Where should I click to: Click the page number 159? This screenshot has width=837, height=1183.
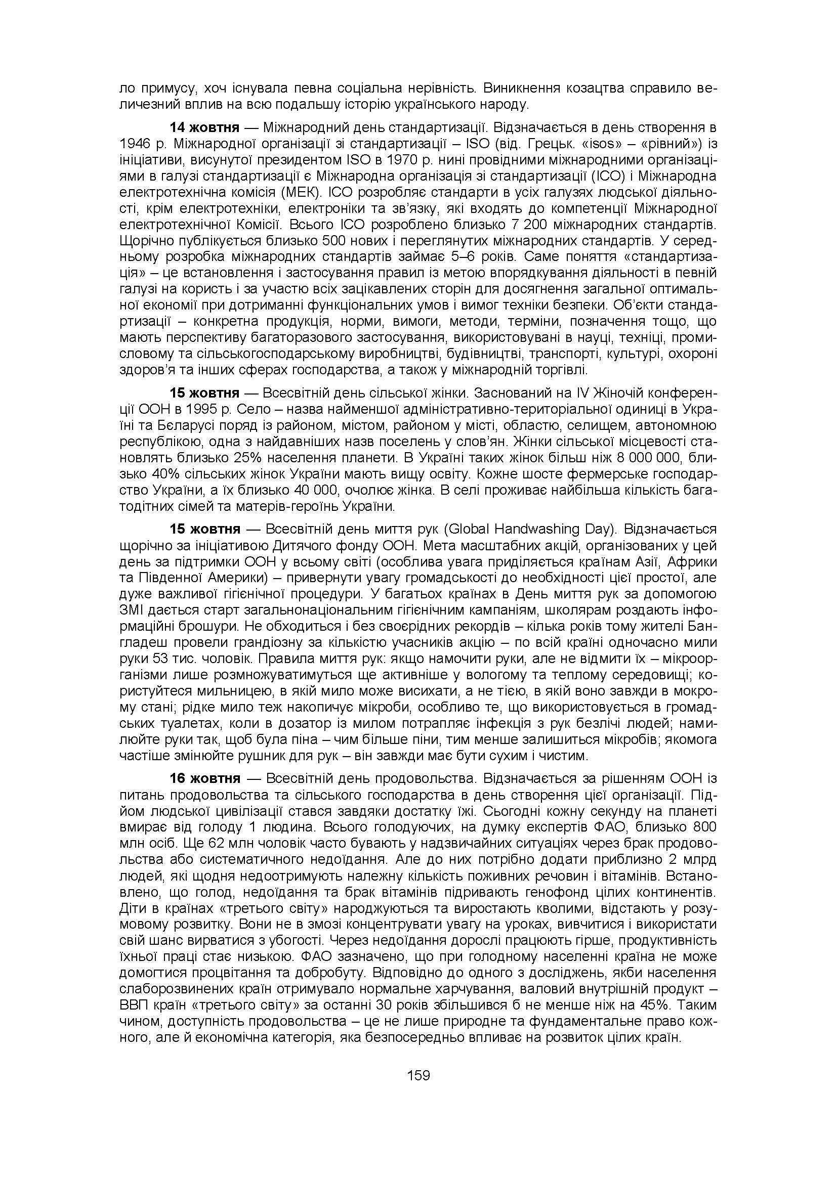[418, 1076]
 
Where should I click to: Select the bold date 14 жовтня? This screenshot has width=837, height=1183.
[204, 127]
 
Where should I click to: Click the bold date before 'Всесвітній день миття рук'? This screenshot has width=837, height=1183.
[205, 529]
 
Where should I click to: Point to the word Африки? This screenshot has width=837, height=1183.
[694, 561]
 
